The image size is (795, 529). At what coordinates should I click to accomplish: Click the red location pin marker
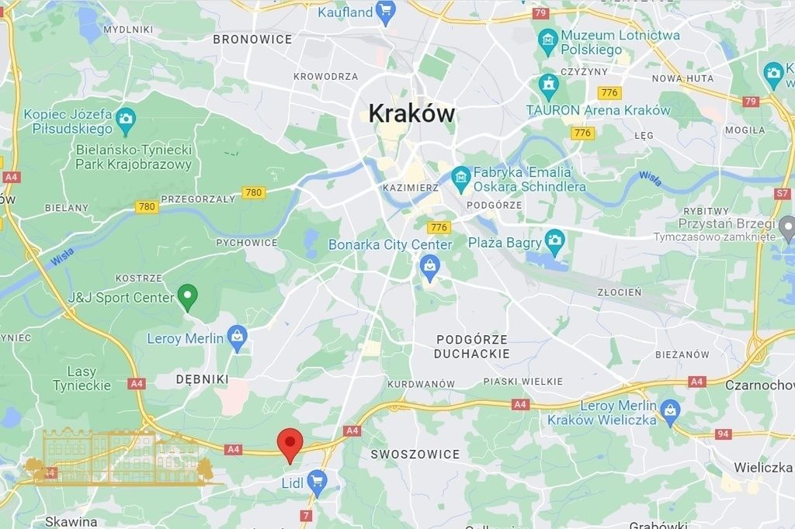[290, 443]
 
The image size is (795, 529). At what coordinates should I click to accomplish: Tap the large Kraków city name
[411, 113]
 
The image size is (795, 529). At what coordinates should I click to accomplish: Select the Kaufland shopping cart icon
[385, 11]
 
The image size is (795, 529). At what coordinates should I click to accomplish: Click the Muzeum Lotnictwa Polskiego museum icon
[549, 40]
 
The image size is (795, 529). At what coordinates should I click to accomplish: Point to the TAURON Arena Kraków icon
[549, 84]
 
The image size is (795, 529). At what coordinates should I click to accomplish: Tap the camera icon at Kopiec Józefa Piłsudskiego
[126, 119]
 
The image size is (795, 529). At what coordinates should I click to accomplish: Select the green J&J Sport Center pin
[187, 296]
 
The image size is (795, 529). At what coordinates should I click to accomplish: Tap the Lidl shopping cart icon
[316, 482]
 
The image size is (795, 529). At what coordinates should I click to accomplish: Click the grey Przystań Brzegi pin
[787, 228]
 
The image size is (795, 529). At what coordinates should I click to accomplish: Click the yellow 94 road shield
[723, 434]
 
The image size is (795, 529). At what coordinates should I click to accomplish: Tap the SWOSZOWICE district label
[415, 454]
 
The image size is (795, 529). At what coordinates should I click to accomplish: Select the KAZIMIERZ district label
[411, 188]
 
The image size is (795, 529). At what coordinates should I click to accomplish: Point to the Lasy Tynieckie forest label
[82, 379]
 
